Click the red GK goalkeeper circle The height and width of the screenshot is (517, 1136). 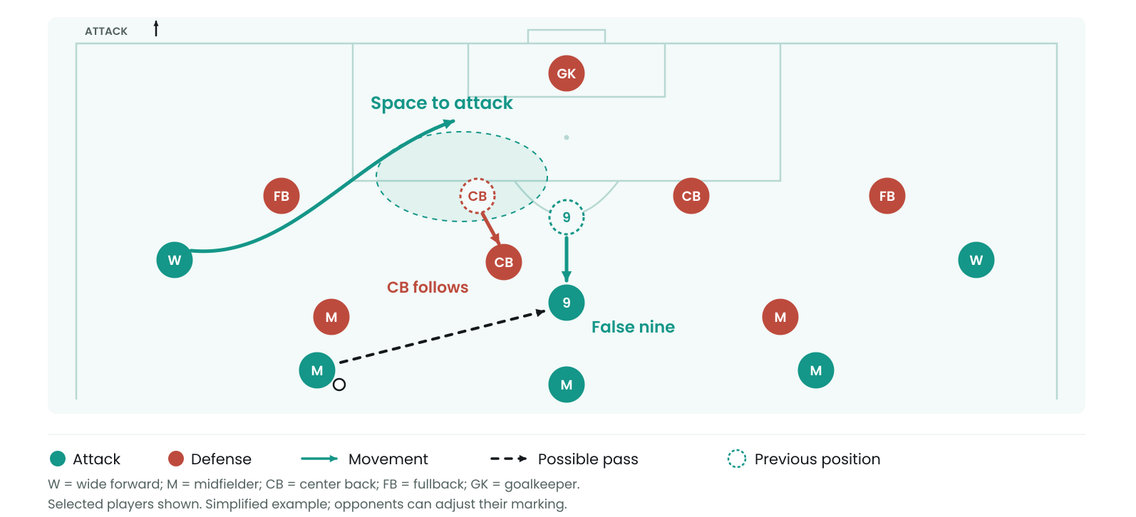pyautogui.click(x=567, y=73)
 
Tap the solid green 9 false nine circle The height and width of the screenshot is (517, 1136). pyautogui.click(x=567, y=303)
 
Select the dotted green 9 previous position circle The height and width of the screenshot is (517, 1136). pyautogui.click(x=567, y=217)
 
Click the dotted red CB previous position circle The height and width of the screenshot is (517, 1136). pyautogui.click(x=477, y=196)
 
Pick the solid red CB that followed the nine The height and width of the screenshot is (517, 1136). pyautogui.click(x=504, y=262)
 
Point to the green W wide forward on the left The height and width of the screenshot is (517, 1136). pyautogui.click(x=175, y=260)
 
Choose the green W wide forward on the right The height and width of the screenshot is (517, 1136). pyautogui.click(x=976, y=260)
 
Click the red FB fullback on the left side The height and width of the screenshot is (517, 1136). pyautogui.click(x=282, y=196)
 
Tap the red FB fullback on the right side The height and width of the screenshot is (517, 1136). pyautogui.click(x=887, y=196)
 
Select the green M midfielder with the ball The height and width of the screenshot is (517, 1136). pyautogui.click(x=317, y=370)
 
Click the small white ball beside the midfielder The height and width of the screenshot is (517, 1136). pyautogui.click(x=339, y=385)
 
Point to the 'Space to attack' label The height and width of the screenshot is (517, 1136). pyautogui.click(x=441, y=103)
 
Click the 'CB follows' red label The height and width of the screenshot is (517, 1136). pyautogui.click(x=428, y=287)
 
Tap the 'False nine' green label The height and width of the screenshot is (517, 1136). pyautogui.click(x=633, y=327)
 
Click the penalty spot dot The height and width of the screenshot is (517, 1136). pyautogui.click(x=567, y=137)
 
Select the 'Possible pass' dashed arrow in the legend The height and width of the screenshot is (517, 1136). pyautogui.click(x=509, y=459)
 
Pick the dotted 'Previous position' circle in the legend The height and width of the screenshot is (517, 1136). pyautogui.click(x=737, y=459)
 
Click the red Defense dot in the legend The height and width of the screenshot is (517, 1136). pyautogui.click(x=175, y=459)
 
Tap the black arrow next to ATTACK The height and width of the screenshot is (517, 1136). pyautogui.click(x=156, y=28)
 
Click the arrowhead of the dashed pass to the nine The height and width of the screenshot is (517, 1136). pyautogui.click(x=541, y=313)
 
